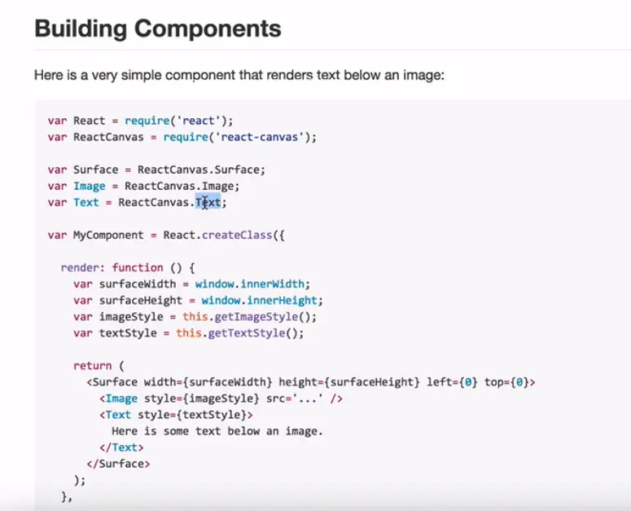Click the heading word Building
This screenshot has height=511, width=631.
pos(81,29)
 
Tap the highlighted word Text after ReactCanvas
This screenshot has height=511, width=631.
pos(208,202)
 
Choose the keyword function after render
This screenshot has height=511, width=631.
pos(138,267)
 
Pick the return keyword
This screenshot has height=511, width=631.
pos(92,365)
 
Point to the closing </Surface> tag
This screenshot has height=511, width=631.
pos(119,463)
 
